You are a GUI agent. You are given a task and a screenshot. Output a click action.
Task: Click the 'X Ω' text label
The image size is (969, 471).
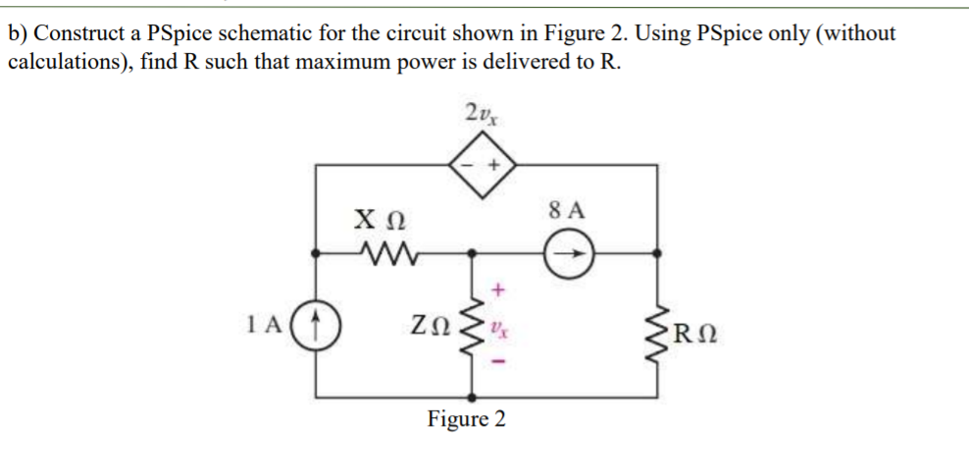point(377,221)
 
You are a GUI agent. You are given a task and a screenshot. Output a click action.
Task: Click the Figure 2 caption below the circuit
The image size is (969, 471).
point(467,420)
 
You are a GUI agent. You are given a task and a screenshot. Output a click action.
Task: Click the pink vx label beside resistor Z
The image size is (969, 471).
point(500,325)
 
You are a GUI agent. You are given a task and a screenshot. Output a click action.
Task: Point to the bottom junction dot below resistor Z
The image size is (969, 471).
point(475,398)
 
